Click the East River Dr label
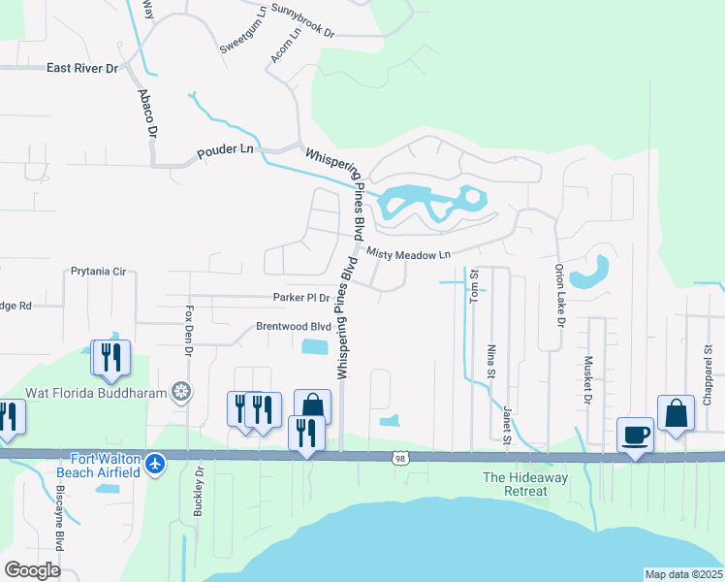82,69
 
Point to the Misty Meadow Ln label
410,254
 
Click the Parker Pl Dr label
301,298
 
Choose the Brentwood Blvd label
293,327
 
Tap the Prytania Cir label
99,272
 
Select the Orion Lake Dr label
559,294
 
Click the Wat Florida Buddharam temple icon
180,392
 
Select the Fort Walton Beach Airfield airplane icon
154,466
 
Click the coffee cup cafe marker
636,434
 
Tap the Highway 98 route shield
399,458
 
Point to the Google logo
32,569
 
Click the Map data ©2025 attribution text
683,574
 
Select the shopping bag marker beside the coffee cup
676,413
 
